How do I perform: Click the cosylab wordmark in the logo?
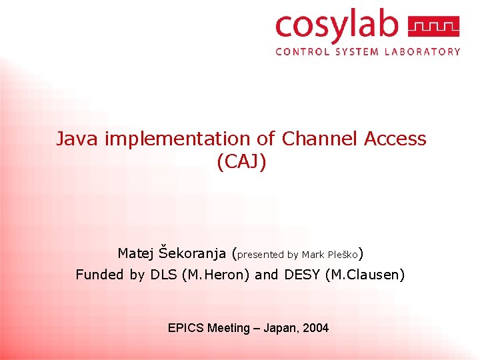tap(336, 27)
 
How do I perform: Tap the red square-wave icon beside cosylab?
tap(433, 27)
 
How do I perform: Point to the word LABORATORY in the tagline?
tap(422, 51)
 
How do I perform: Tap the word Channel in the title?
tap(320, 139)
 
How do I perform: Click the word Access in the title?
tap(395, 139)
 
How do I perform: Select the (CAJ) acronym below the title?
tap(241, 162)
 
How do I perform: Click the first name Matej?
tap(137, 253)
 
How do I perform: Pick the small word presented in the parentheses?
tap(260, 255)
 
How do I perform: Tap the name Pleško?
tap(343, 254)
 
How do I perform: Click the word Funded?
tap(100, 274)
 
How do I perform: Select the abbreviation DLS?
tap(163, 274)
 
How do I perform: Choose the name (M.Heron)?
tap(217, 274)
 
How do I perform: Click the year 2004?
tap(316, 328)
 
